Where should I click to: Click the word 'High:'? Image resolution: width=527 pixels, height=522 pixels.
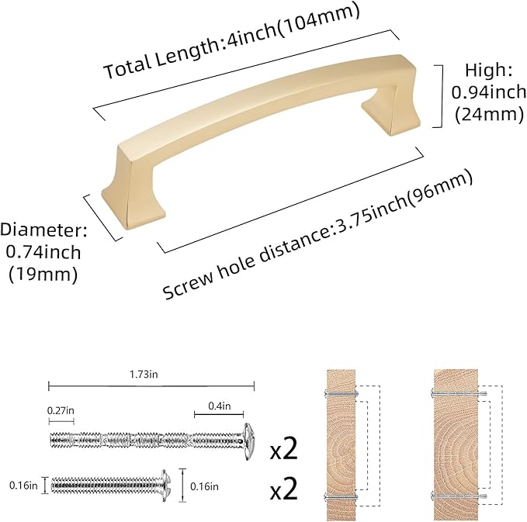(x=490, y=71)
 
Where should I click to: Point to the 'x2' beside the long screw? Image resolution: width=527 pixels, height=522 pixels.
(x=286, y=449)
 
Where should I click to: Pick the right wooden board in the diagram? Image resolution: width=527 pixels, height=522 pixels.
(x=453, y=442)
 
